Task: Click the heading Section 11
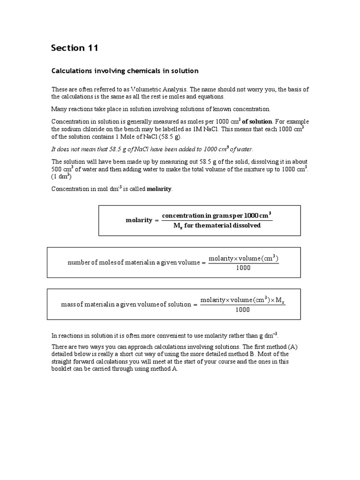(x=75, y=48)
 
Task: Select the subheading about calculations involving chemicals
(x=125, y=71)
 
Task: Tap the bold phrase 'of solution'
(x=257, y=121)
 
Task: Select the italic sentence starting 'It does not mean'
(x=152, y=149)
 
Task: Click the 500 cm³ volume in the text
(x=62, y=169)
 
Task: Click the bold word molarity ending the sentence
(x=160, y=189)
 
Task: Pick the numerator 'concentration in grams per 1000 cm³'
(x=217, y=216)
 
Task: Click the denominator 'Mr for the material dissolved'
(x=217, y=225)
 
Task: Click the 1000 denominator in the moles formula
(x=243, y=268)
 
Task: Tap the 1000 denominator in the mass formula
(x=242, y=309)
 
